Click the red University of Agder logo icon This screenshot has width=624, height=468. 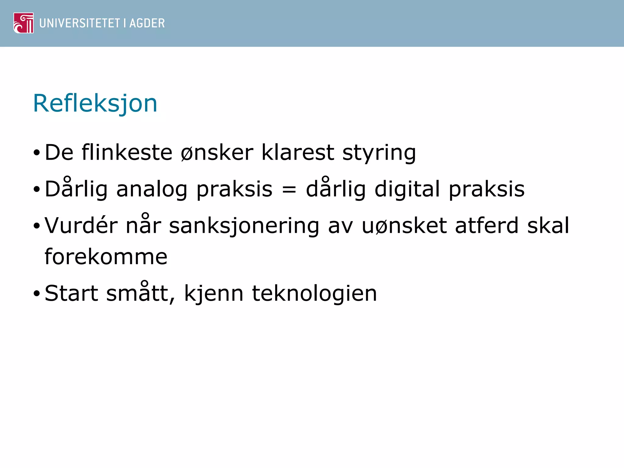click(x=23, y=23)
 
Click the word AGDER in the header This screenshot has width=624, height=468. click(x=147, y=23)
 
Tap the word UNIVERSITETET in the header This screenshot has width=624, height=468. click(x=80, y=23)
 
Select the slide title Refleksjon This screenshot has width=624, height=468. click(x=95, y=104)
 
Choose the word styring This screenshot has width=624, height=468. click(x=379, y=153)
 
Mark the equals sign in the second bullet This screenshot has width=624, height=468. click(x=289, y=190)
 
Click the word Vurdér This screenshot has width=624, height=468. click(x=81, y=225)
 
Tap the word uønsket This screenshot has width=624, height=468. click(x=404, y=226)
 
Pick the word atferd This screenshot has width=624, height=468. click(x=487, y=225)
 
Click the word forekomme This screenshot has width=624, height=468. click(x=106, y=257)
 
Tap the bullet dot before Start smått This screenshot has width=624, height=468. click(x=37, y=294)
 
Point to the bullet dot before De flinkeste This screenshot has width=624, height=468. click(x=37, y=153)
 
